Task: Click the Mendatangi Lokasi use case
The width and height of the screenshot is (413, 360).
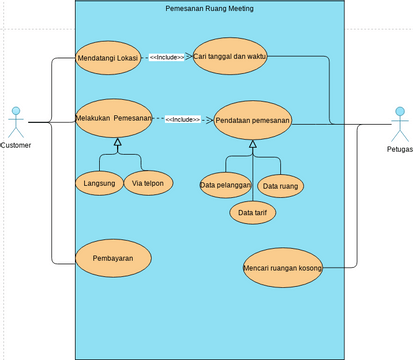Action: [107, 58]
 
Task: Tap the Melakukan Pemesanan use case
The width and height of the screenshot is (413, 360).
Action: [114, 118]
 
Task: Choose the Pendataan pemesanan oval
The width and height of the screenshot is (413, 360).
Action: [253, 121]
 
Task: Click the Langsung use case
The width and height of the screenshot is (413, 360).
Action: [98, 184]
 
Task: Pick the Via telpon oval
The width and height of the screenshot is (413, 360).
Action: [149, 184]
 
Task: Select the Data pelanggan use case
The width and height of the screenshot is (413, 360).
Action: [225, 185]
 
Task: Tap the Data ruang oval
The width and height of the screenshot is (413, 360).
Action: [282, 186]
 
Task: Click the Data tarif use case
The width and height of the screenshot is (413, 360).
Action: [254, 212]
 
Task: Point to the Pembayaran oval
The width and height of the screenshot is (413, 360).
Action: [113, 257]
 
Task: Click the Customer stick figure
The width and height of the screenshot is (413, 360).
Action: [15, 121]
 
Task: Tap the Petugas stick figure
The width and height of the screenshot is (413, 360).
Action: [399, 124]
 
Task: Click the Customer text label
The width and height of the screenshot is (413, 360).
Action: [15, 146]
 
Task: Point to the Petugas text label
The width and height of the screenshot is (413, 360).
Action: [399, 149]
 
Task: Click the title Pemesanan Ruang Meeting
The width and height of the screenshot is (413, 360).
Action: [209, 8]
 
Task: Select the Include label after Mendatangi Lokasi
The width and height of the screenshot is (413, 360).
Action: [166, 58]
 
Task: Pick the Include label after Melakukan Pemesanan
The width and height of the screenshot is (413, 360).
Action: [182, 119]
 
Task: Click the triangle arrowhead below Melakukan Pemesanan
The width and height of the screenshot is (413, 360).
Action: [117, 146]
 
